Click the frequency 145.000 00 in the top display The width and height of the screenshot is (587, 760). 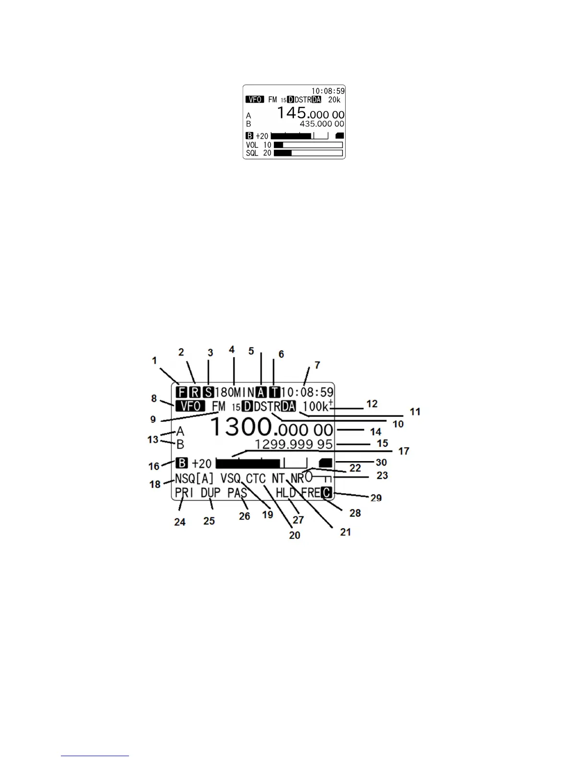tap(311, 113)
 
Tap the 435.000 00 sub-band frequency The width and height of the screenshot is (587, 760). tap(322, 124)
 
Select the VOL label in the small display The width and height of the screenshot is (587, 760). tap(252, 145)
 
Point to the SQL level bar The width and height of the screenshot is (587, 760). tap(308, 153)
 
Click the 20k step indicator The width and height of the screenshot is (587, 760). tap(334, 100)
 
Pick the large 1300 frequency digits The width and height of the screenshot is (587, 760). tap(241, 427)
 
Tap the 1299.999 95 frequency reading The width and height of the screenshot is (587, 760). tap(293, 444)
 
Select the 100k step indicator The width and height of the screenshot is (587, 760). tap(315, 406)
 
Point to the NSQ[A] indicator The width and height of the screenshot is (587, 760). tap(194, 478)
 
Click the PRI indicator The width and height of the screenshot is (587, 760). tap(184, 493)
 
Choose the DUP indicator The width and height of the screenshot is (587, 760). tap(211, 493)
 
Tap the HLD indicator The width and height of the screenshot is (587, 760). tap(285, 493)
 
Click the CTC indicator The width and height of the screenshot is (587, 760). tap(256, 478)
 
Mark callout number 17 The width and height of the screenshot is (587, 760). tap(404, 451)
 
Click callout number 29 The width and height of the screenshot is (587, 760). tap(376, 498)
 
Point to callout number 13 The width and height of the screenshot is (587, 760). tap(153, 439)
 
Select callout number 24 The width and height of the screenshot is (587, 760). tap(180, 522)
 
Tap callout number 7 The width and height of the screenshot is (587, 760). tap(317, 366)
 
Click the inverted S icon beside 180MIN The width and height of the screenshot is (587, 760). tap(208, 392)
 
